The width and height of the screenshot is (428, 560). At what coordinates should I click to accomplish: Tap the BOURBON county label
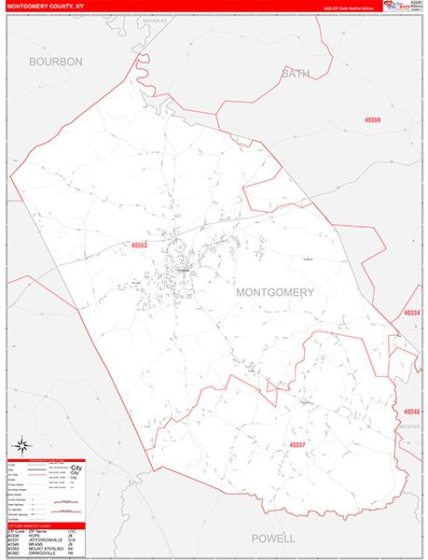point(56,62)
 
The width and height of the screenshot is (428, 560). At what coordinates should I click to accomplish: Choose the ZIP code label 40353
point(140,245)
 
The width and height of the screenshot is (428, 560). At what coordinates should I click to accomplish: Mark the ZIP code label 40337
point(297,444)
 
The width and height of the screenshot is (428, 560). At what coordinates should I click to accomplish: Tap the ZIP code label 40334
point(412,314)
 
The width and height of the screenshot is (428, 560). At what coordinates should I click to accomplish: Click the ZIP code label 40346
point(412,412)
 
